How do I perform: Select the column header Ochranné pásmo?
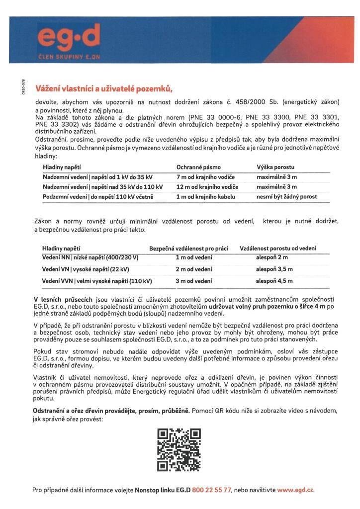[x=198, y=168]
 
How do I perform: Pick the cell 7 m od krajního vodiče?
[x=205, y=177]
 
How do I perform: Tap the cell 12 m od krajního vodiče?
[x=207, y=187]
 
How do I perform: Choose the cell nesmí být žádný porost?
[x=286, y=196]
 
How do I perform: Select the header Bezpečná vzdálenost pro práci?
[x=188, y=248]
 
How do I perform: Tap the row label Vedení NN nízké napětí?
[x=90, y=257]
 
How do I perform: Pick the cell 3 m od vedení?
[x=194, y=281]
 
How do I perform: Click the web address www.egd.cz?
[x=295, y=490]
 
